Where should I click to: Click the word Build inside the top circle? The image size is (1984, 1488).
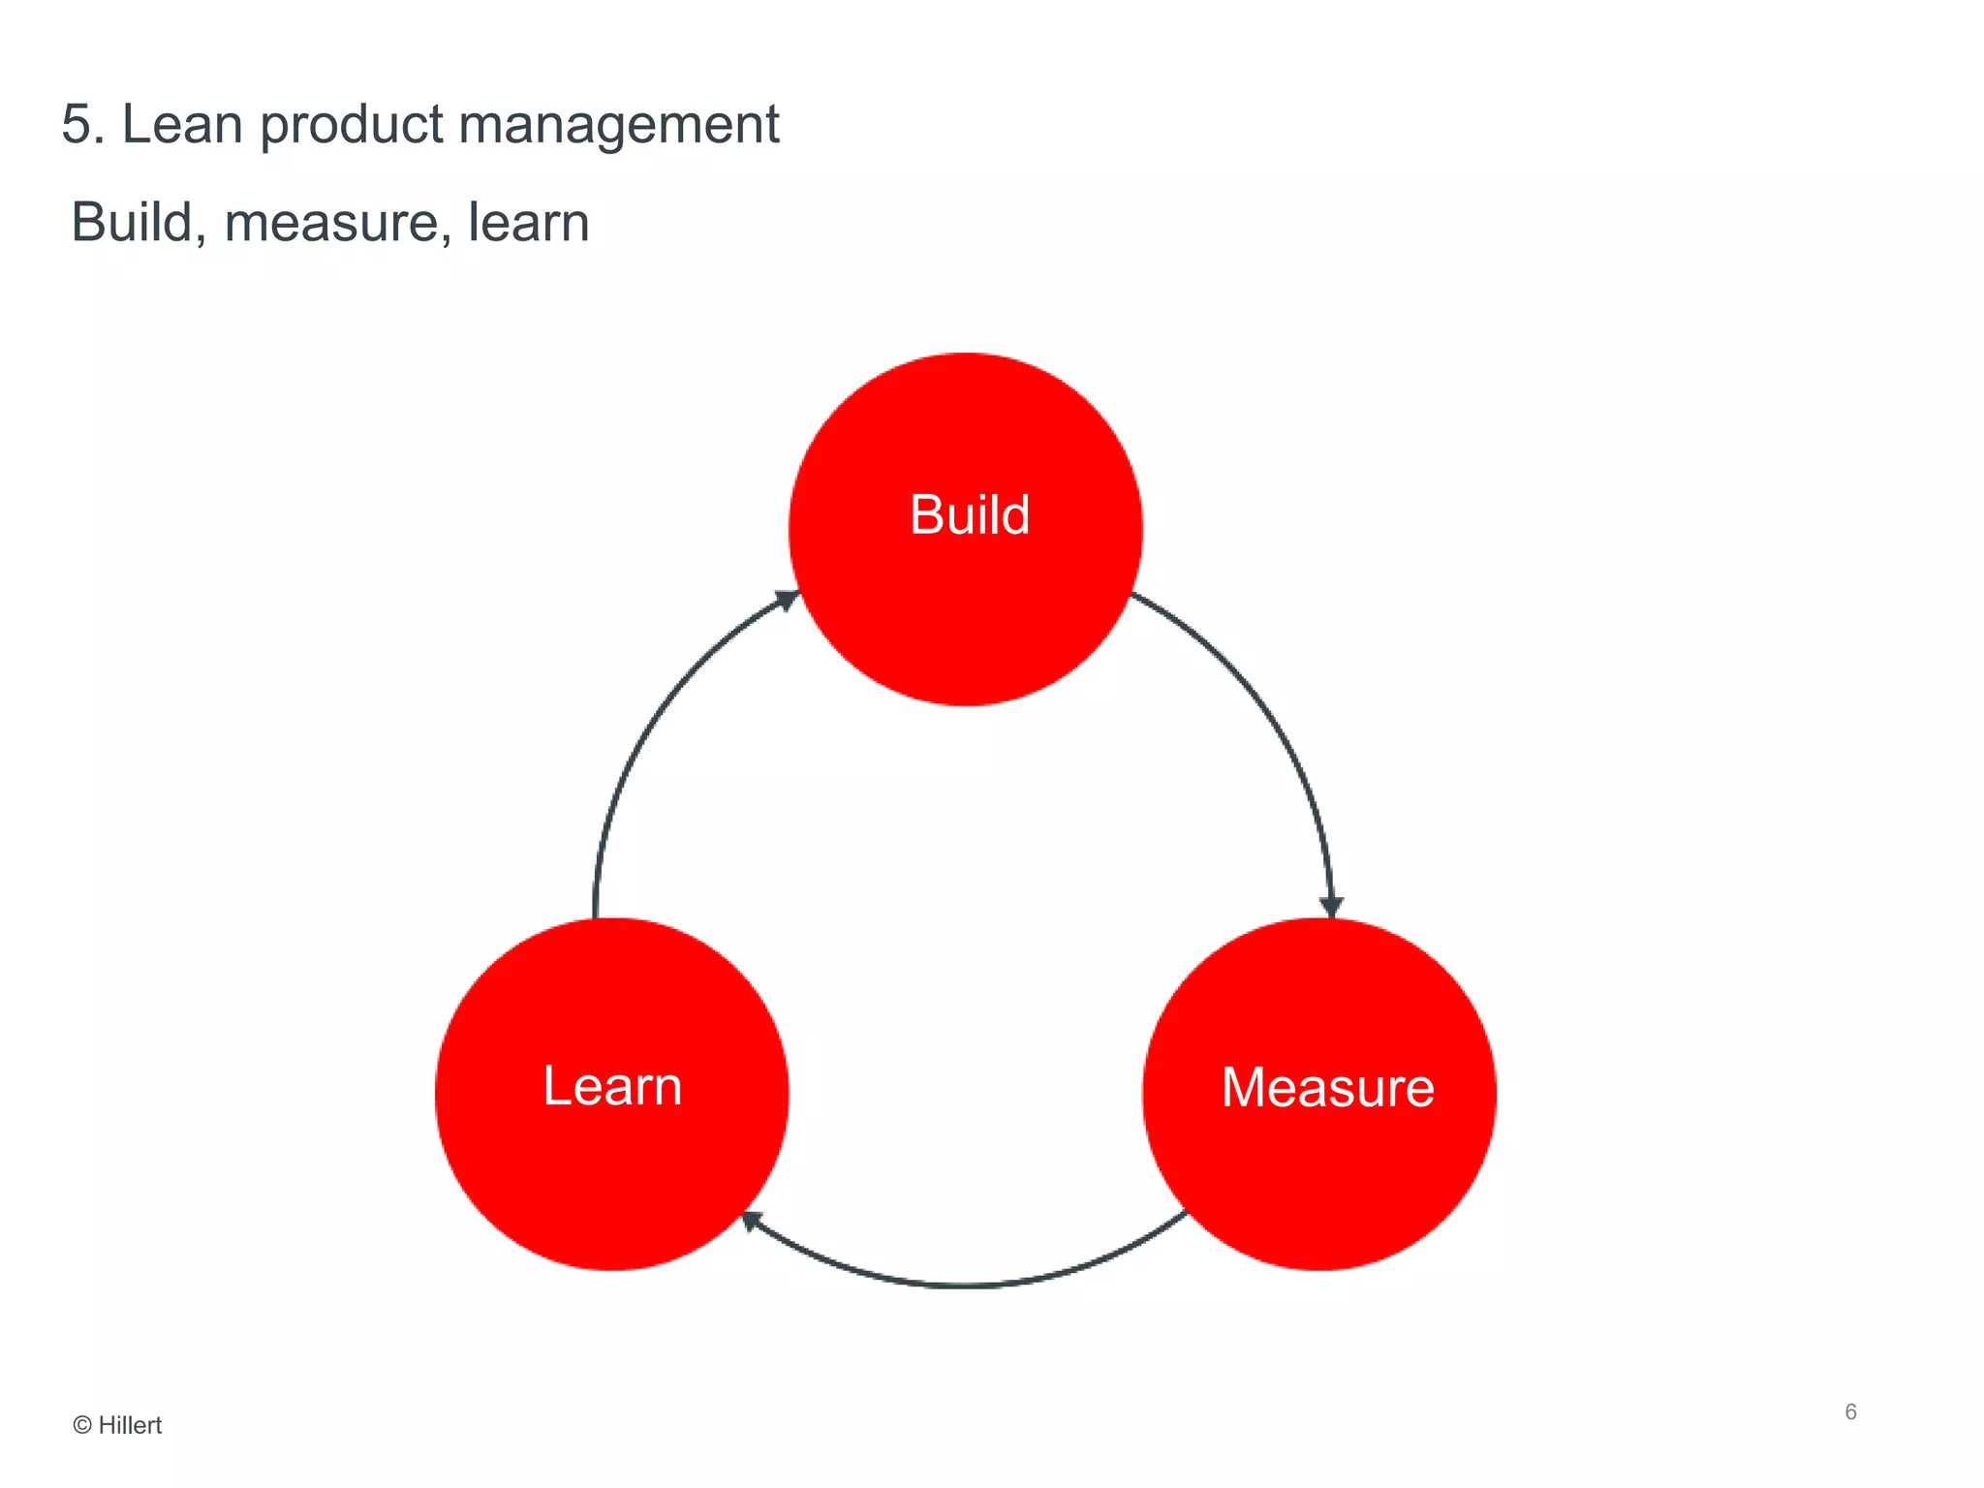[x=969, y=514]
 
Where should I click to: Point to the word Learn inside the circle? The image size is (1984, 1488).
[x=612, y=1086]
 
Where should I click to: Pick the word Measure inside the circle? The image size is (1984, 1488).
[x=1327, y=1087]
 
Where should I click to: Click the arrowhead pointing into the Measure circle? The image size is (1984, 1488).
[x=1332, y=906]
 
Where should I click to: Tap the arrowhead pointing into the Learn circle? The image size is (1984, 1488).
[x=752, y=1222]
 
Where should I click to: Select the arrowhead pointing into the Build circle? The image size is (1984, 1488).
[x=787, y=601]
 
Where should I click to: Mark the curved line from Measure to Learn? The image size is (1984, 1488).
[x=969, y=1285]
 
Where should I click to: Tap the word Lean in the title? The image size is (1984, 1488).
[x=182, y=125]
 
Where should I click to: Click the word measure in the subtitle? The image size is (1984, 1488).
[x=337, y=223]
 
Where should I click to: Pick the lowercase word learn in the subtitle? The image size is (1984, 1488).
[x=528, y=222]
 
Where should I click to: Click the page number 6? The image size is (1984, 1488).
[x=1850, y=1411]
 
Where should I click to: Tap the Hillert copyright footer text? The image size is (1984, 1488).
[x=118, y=1425]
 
